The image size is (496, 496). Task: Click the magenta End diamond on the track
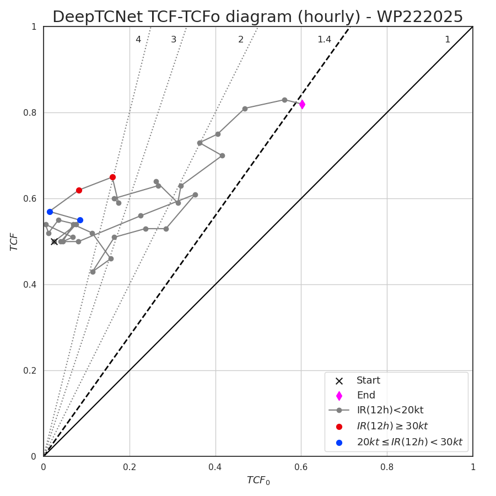(x=302, y=104)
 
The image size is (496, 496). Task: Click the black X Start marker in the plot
(x=54, y=241)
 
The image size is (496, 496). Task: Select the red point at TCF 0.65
(x=112, y=177)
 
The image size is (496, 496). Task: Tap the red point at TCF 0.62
(x=79, y=190)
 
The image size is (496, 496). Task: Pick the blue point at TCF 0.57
(x=50, y=212)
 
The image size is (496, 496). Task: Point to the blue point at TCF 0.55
(x=80, y=220)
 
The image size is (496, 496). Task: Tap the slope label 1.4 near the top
(x=324, y=40)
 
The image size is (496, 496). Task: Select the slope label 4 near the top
(x=138, y=40)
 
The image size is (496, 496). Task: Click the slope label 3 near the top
(x=174, y=40)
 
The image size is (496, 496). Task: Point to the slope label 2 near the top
(x=241, y=40)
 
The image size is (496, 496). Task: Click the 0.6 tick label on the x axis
(x=301, y=467)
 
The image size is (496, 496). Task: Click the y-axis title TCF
(x=14, y=241)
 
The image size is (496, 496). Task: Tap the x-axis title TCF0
(x=258, y=481)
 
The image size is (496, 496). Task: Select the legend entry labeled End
(x=365, y=395)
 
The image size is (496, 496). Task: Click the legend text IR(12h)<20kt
(x=390, y=410)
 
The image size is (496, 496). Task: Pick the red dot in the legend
(x=339, y=427)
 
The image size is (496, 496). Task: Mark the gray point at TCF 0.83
(x=284, y=100)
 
